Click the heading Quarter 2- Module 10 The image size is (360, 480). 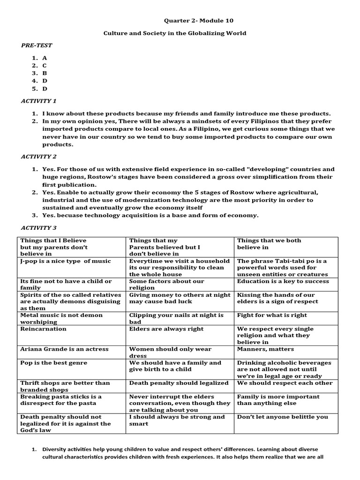[198, 21]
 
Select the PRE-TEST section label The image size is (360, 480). [37, 45]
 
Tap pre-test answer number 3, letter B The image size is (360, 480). [45, 73]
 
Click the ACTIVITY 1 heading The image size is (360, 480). [38, 101]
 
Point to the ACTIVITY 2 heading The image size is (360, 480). [38, 157]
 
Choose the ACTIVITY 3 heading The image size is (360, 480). [38, 227]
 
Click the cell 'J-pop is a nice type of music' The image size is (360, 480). [66, 261]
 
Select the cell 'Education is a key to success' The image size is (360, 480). [283, 282]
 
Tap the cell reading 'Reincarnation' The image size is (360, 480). [44, 329]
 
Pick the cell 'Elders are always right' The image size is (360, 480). [166, 329]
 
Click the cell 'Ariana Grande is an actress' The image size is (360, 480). [64, 349]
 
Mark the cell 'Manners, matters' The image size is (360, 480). [266, 349]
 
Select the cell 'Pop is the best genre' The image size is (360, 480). [54, 363]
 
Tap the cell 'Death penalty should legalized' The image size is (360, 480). [179, 383]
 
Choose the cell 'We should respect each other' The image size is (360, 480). [285, 383]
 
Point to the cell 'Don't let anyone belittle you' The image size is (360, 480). [283, 417]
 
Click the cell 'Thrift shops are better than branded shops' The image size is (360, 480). [65, 386]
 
